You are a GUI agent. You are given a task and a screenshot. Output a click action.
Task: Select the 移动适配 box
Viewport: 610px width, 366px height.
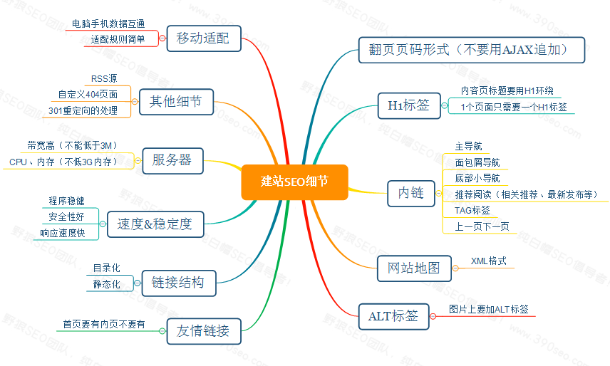(203, 38)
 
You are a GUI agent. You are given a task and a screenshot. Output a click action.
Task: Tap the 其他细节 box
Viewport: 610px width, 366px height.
(175, 103)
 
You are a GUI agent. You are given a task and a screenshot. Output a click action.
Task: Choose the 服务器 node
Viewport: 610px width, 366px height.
(172, 160)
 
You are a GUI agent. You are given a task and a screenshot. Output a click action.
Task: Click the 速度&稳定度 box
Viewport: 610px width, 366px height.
(154, 224)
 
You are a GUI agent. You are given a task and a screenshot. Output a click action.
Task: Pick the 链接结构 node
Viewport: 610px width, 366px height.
(177, 282)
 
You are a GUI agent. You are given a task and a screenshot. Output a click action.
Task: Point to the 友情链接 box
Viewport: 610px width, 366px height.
(203, 330)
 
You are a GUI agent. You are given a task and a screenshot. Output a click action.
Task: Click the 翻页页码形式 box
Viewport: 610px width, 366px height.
(472, 50)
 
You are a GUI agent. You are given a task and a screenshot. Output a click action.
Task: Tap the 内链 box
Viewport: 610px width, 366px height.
(411, 193)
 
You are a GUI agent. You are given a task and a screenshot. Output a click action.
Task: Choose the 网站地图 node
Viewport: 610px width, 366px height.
(414, 268)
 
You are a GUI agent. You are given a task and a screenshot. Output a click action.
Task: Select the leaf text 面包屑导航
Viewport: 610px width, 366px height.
(477, 162)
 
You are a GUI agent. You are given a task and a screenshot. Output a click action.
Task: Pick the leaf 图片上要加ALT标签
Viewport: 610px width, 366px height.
(488, 309)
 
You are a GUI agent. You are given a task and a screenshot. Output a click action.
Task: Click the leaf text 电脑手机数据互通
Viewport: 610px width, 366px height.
(108, 23)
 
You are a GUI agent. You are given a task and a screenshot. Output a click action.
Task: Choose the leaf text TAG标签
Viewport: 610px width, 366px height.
(472, 210)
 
